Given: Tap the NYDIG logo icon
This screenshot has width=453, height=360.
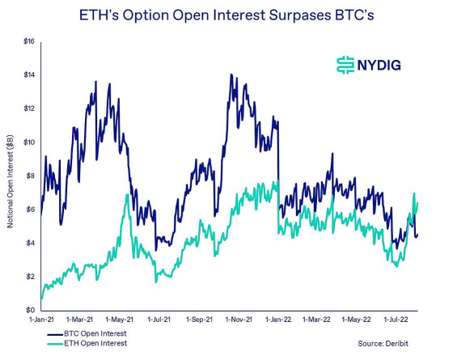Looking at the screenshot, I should (345, 64).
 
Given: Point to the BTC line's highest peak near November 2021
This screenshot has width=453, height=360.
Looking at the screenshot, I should (231, 75).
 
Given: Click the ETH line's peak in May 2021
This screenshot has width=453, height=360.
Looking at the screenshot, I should (127, 195).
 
